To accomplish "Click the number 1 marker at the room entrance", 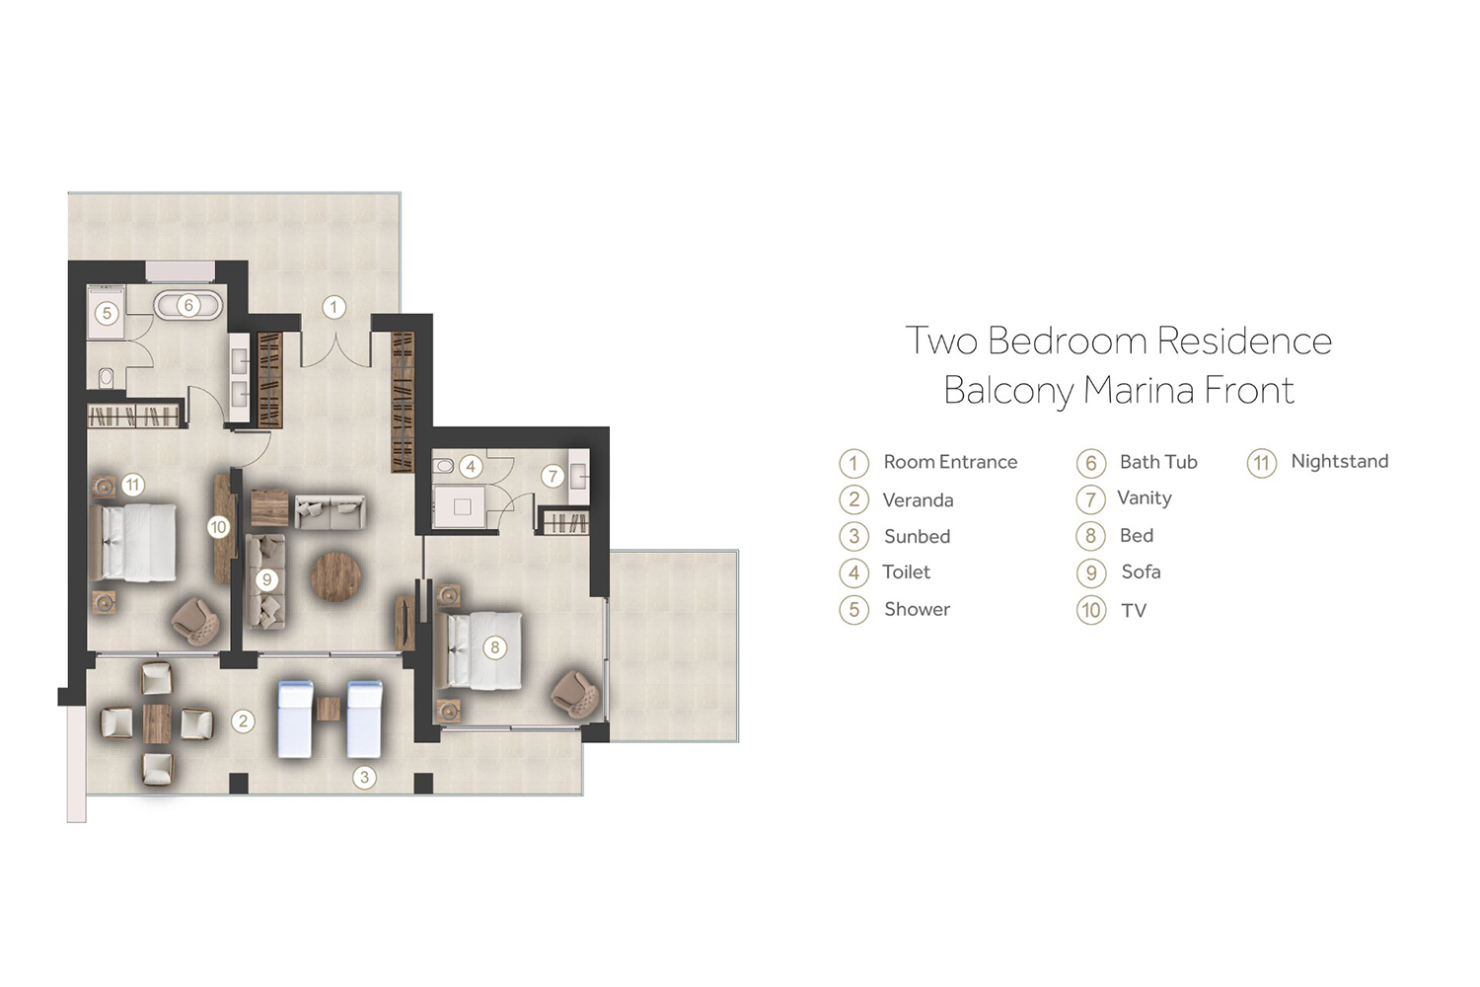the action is click(333, 307).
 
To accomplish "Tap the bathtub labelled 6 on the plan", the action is click(188, 305).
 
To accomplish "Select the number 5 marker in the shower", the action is click(107, 313).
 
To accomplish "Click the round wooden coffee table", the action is click(336, 576).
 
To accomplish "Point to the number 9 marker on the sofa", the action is click(267, 579).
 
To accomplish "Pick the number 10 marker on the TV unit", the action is click(218, 527).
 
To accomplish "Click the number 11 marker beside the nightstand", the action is click(133, 486).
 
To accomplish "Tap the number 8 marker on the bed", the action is click(495, 647).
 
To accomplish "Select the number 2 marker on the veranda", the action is click(243, 721).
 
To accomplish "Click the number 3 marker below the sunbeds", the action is click(364, 777).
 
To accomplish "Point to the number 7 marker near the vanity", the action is click(553, 476).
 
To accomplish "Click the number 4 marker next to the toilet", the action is click(471, 467).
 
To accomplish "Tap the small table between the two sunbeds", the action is click(329, 709).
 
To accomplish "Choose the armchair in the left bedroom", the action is click(195, 621).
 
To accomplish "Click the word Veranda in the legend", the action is click(918, 500).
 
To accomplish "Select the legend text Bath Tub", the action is click(1158, 462).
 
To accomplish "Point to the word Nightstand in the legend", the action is click(1340, 462).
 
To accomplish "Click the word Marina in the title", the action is click(1139, 390).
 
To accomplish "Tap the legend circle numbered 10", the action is click(1091, 610).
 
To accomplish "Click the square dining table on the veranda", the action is click(157, 722).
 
